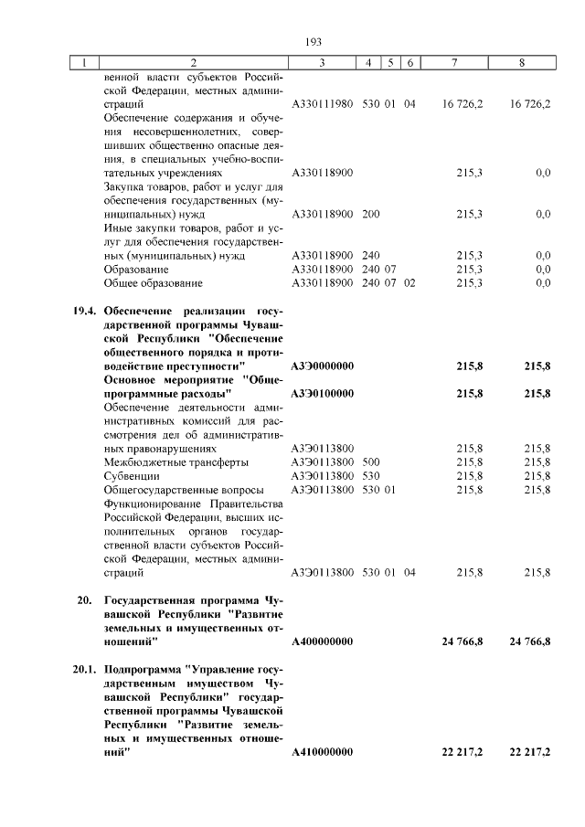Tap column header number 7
click(x=454, y=62)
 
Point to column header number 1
click(x=84, y=62)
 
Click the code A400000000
click(x=322, y=642)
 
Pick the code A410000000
click(x=322, y=752)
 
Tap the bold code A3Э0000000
click(x=323, y=366)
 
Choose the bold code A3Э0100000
click(x=323, y=393)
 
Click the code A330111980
click(x=323, y=105)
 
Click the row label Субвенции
click(x=133, y=476)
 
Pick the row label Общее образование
click(x=154, y=283)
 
